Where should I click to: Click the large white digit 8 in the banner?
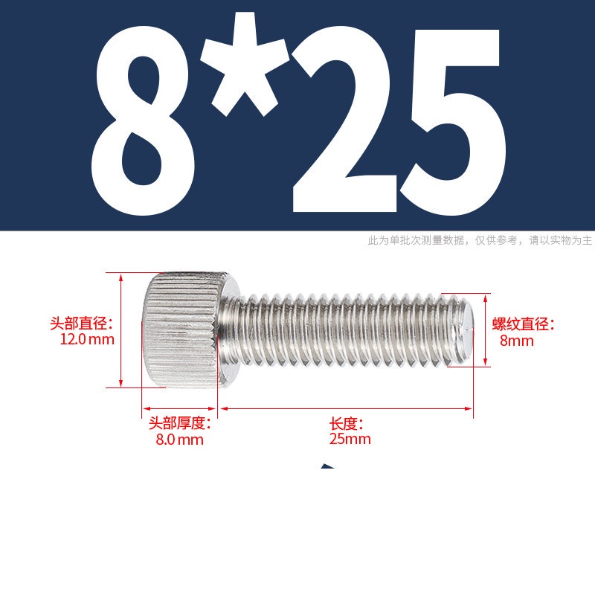(143, 120)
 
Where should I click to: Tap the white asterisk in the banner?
(245, 65)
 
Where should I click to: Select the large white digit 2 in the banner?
(344, 120)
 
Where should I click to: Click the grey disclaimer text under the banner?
(480, 240)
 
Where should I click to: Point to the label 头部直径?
(82, 324)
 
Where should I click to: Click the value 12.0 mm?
(87, 339)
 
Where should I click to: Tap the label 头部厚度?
(179, 423)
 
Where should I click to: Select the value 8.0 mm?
(179, 440)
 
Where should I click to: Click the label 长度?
(346, 423)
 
